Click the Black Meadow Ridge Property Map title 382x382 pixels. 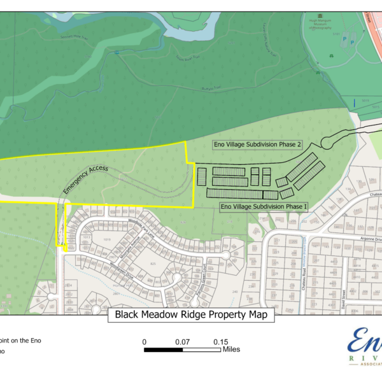pos(191,315)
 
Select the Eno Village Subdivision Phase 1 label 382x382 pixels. pos(263,207)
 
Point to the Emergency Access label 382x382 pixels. pos(86,178)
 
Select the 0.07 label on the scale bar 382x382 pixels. pos(183,342)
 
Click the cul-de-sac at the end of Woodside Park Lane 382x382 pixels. pos(225,255)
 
